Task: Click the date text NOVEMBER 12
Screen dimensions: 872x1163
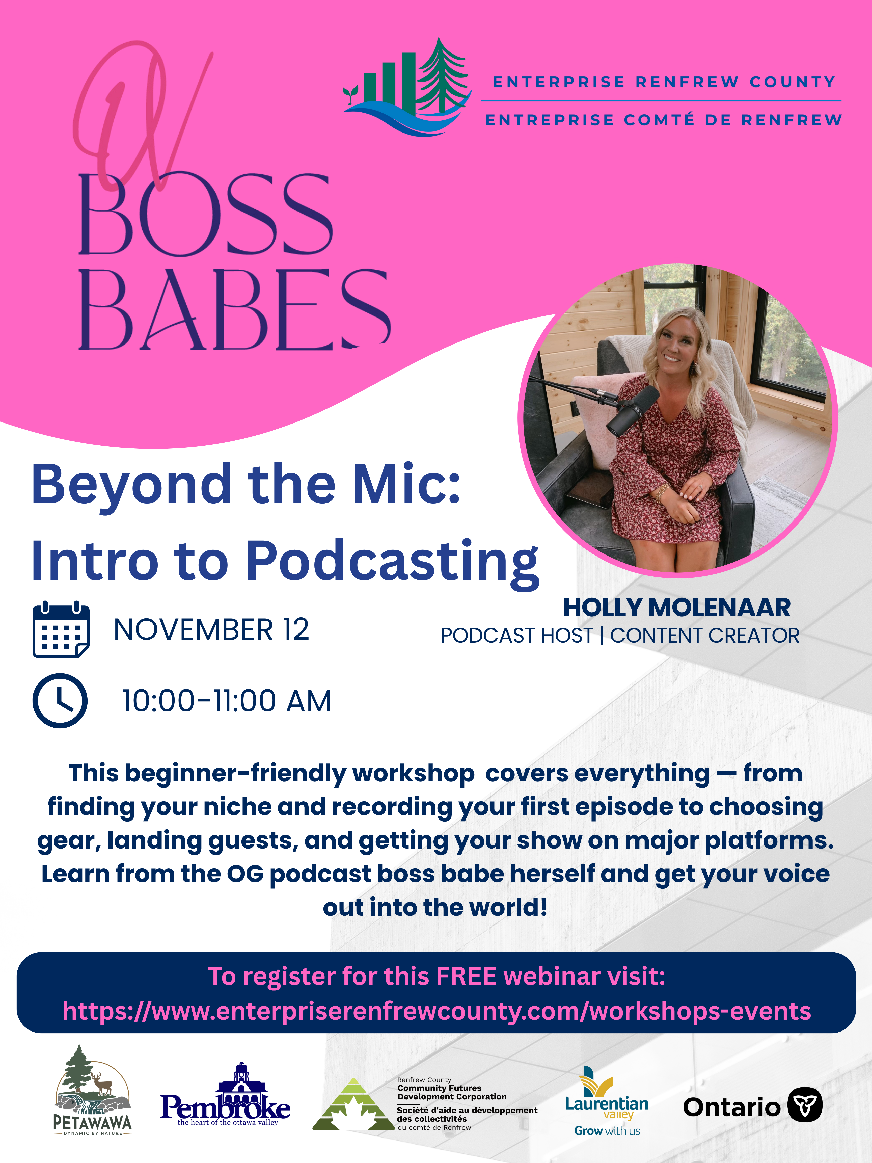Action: (211, 629)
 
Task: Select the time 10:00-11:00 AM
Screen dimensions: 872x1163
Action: (227, 701)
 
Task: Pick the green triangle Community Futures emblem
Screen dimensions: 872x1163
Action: (353, 1104)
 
